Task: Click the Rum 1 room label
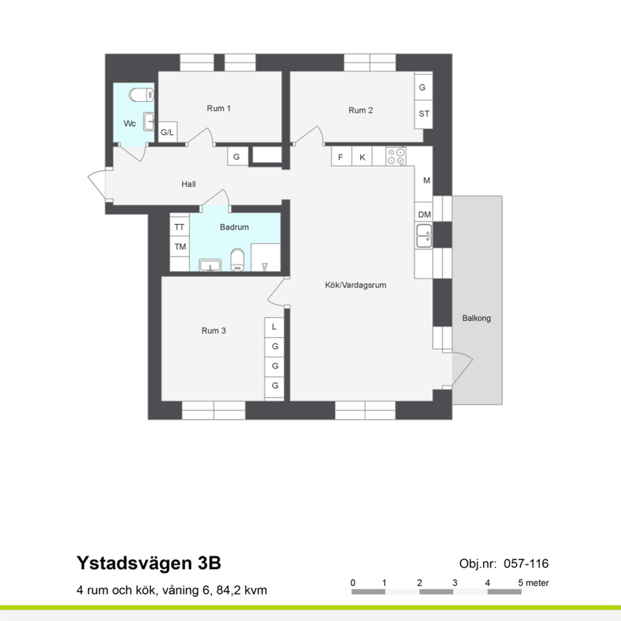point(218,109)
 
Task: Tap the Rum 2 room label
point(360,110)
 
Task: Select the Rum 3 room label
point(213,331)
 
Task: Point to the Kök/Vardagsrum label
point(355,285)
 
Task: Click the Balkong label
point(477,318)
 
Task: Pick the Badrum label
point(234,227)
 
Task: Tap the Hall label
point(189,184)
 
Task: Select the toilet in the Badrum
point(238,260)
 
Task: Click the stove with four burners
point(395,156)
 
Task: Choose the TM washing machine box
point(180,247)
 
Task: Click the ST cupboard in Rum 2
point(423,114)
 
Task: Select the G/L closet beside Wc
point(167,132)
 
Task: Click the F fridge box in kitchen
point(341,157)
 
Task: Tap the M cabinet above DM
point(426,180)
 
